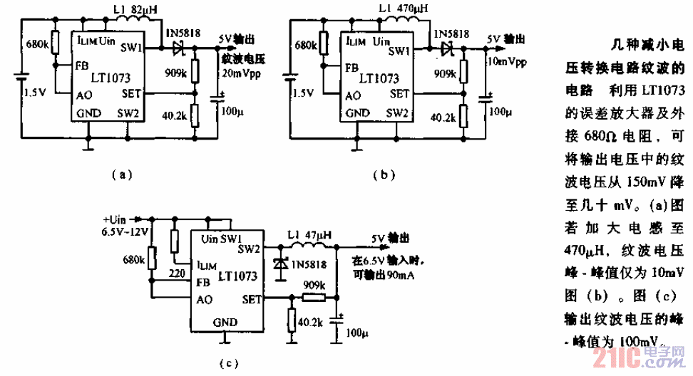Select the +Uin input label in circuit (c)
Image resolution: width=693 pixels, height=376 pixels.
(114, 219)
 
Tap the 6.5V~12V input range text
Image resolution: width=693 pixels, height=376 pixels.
(125, 231)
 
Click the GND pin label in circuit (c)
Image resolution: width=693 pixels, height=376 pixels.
(225, 323)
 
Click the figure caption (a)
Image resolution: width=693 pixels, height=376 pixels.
(123, 173)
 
